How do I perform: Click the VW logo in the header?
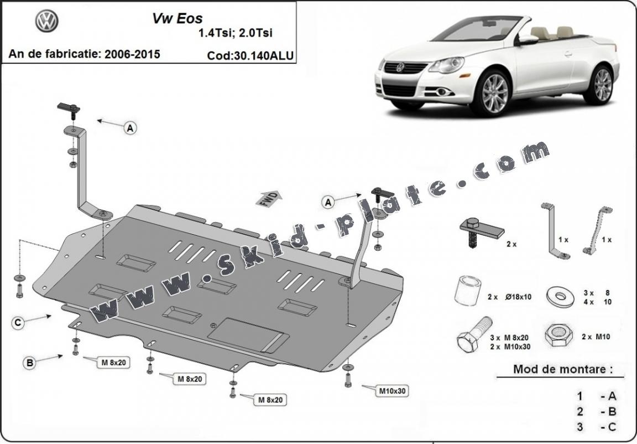(x=47, y=22)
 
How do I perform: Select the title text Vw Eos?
(x=177, y=18)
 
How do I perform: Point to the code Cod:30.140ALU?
(x=250, y=55)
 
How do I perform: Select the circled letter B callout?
(x=29, y=363)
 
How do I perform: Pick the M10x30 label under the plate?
(x=392, y=391)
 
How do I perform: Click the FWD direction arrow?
(x=269, y=199)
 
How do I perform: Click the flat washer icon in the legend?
(x=560, y=295)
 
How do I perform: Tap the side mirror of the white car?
(x=528, y=39)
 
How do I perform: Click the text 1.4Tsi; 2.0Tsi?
(x=235, y=33)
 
